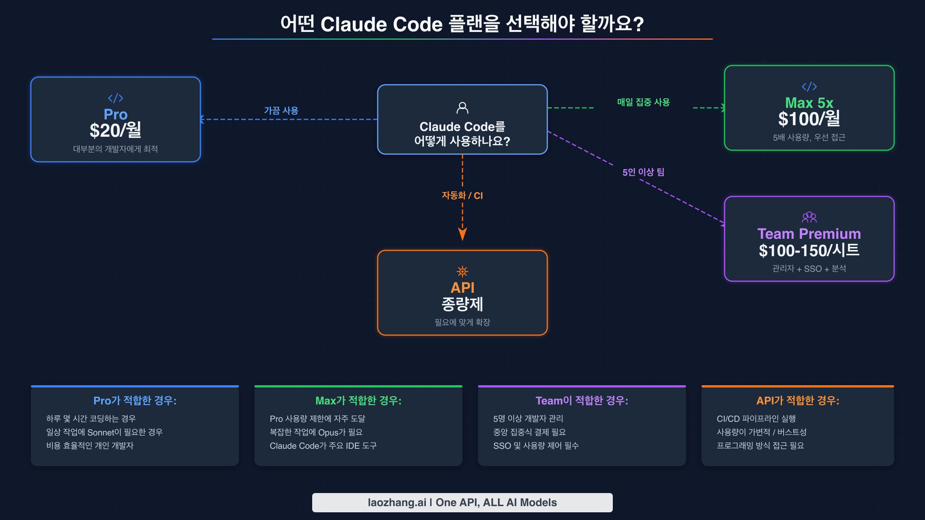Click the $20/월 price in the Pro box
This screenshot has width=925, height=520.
click(115, 131)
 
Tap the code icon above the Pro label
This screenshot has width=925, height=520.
click(115, 98)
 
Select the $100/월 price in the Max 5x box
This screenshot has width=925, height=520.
click(809, 119)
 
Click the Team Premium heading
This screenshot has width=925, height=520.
click(809, 234)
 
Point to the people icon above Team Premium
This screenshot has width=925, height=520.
click(809, 217)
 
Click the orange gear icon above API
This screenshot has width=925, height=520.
click(462, 272)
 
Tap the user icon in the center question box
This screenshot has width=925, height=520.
click(462, 108)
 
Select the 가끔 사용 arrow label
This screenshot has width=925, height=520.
click(281, 111)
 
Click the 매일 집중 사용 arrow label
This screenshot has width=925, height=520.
click(643, 102)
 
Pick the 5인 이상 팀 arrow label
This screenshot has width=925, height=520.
click(643, 172)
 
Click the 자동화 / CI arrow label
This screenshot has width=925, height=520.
click(462, 196)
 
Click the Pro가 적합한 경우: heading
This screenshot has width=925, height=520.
click(135, 401)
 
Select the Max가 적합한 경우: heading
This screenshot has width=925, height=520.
click(358, 401)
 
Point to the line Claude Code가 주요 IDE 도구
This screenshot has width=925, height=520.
click(323, 446)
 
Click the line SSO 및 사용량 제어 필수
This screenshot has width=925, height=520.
click(536, 446)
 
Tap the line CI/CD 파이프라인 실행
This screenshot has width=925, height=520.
click(756, 419)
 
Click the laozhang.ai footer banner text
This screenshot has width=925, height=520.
click(462, 503)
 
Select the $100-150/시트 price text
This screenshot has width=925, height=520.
click(809, 251)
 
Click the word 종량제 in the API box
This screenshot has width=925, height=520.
click(462, 304)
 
